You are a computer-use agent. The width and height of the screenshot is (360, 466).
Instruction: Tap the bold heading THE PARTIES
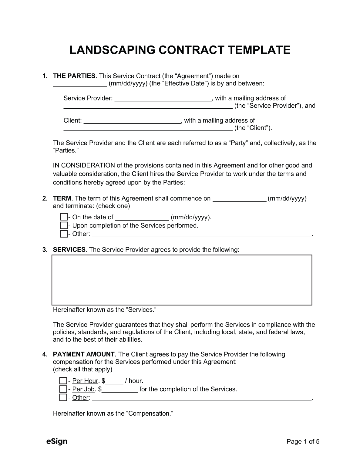[74, 76]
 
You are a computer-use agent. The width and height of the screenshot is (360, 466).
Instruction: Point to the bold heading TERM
[62, 199]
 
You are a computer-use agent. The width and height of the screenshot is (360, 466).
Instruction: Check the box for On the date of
[63, 217]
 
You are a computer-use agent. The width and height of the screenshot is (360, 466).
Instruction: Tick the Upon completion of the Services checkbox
[63, 225]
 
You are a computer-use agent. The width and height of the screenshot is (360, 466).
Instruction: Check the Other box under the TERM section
[63, 234]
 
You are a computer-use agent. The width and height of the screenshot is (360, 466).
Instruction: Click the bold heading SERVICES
[69, 250]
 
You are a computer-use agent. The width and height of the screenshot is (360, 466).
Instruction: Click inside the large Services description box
[182, 280]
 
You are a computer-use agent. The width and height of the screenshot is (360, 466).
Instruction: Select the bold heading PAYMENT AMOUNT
[84, 354]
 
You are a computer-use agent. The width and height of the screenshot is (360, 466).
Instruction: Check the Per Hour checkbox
[63, 381]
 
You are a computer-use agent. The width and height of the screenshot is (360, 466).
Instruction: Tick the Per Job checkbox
[63, 389]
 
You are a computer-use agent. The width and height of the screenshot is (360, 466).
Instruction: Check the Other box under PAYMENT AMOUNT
[63, 398]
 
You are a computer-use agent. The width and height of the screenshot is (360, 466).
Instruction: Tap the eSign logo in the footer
[57, 441]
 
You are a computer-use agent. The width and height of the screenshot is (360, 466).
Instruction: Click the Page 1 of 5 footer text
[303, 442]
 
